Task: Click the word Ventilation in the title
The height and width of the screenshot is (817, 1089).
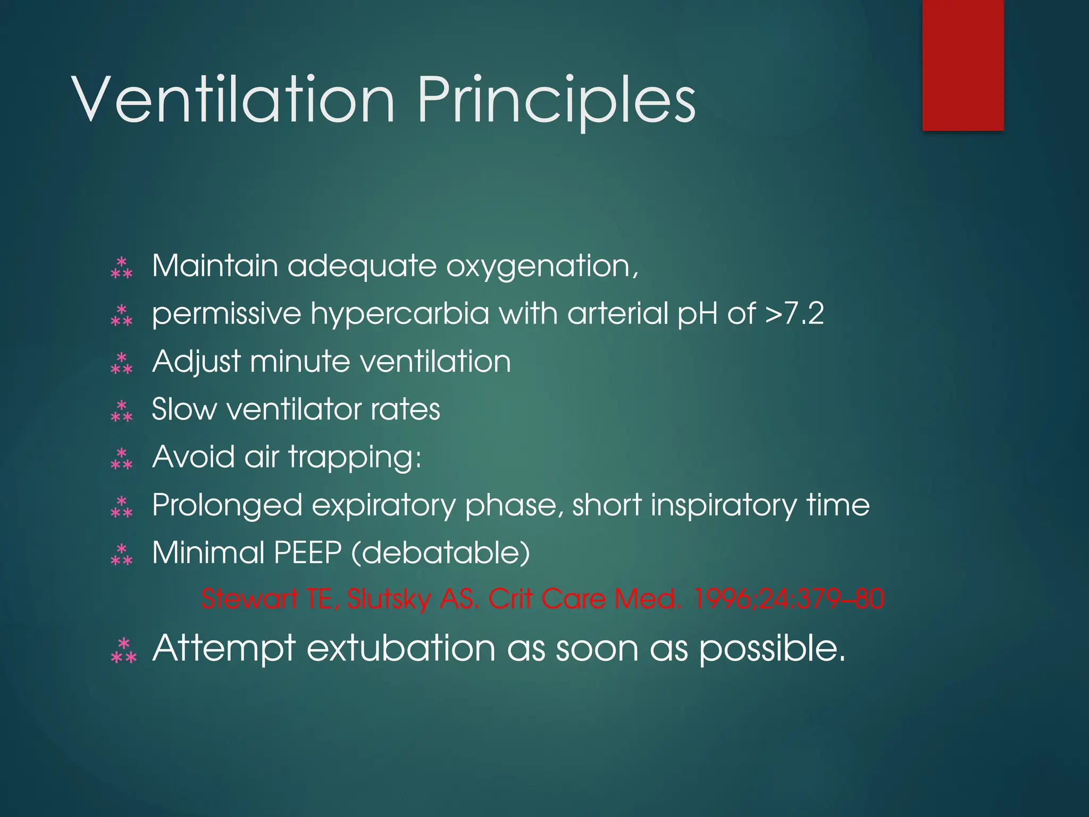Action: click(234, 99)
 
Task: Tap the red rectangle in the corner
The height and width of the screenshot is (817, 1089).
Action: click(963, 65)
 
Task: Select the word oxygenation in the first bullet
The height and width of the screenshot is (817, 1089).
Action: click(542, 266)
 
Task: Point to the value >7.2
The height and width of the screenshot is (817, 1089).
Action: click(794, 313)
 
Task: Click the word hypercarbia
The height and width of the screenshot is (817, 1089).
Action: click(399, 314)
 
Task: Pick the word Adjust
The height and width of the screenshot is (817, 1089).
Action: click(197, 362)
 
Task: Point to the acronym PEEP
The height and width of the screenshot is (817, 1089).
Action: click(307, 553)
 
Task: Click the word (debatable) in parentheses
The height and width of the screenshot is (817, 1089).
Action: click(440, 553)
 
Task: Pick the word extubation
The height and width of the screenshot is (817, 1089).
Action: click(401, 649)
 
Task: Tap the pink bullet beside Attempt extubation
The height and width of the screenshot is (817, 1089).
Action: click(123, 651)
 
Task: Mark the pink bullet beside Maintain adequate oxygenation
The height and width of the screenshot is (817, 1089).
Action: click(122, 268)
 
